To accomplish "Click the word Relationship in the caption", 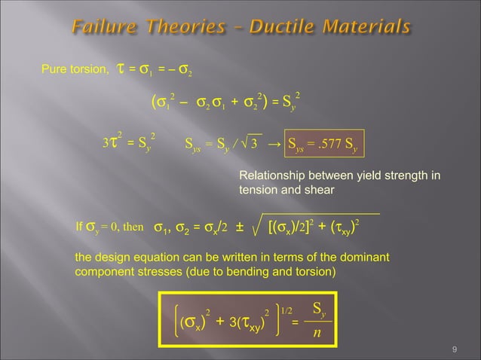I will (271, 176).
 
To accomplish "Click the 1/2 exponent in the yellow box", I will (286, 310).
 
